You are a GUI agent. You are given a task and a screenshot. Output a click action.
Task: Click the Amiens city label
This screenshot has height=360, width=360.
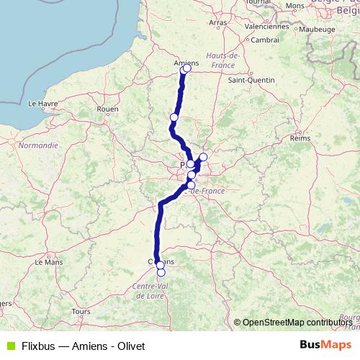[x=185, y=62]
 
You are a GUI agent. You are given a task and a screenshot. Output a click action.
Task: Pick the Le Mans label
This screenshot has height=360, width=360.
[x=49, y=263]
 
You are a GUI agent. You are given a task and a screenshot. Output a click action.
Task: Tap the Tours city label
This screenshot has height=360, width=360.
[x=80, y=311]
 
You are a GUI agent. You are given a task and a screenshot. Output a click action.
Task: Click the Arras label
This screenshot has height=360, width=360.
[x=217, y=23]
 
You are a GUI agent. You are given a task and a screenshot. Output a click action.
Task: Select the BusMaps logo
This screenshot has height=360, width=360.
[x=324, y=345]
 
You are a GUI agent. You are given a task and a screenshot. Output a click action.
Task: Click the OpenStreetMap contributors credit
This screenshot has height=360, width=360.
[x=297, y=322]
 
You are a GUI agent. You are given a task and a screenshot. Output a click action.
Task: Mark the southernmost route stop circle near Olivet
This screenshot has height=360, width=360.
[x=161, y=272]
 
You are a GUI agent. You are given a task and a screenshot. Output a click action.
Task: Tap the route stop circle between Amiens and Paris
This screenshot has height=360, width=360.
[x=174, y=117]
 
